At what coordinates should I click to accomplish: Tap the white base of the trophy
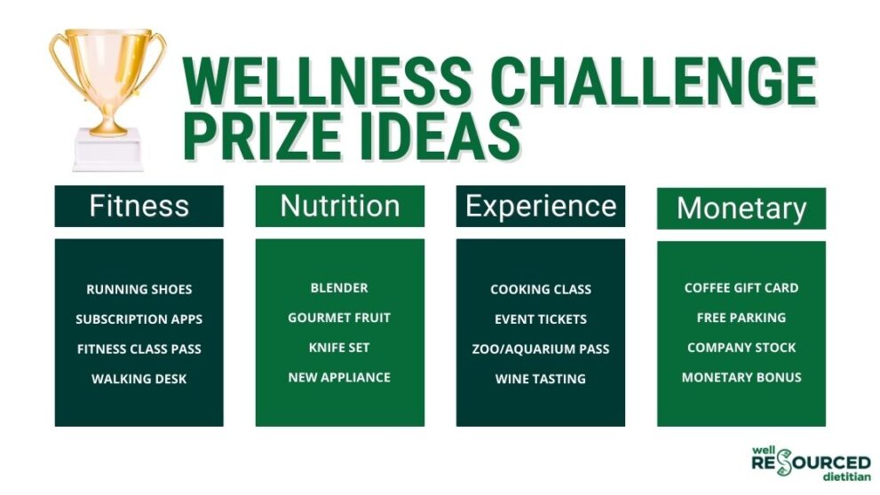click(107, 150)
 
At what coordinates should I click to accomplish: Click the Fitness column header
click(139, 206)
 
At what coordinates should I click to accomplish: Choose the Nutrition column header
click(339, 206)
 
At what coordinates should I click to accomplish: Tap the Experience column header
click(540, 206)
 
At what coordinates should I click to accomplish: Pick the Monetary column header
click(741, 209)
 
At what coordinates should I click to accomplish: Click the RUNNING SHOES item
click(139, 289)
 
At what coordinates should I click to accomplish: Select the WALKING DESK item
click(139, 379)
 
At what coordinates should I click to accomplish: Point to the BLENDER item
click(339, 287)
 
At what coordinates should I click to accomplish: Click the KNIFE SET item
click(339, 347)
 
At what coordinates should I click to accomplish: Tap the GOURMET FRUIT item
click(339, 318)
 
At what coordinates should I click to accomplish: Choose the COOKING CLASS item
click(540, 289)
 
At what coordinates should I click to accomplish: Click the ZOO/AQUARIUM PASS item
click(540, 349)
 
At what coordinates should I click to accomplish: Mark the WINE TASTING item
click(540, 379)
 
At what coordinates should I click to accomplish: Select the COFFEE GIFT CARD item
click(741, 287)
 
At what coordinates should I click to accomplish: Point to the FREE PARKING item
click(741, 318)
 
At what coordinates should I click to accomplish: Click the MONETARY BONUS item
click(741, 377)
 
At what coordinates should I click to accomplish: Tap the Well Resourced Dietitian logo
click(810, 463)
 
